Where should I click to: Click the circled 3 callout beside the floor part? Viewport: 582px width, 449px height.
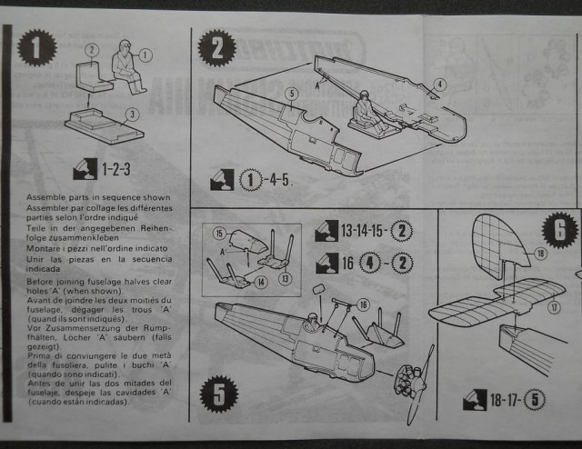point(131,114)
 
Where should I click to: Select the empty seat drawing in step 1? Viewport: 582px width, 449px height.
point(90,73)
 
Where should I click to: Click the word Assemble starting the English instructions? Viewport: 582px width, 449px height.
point(45,197)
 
